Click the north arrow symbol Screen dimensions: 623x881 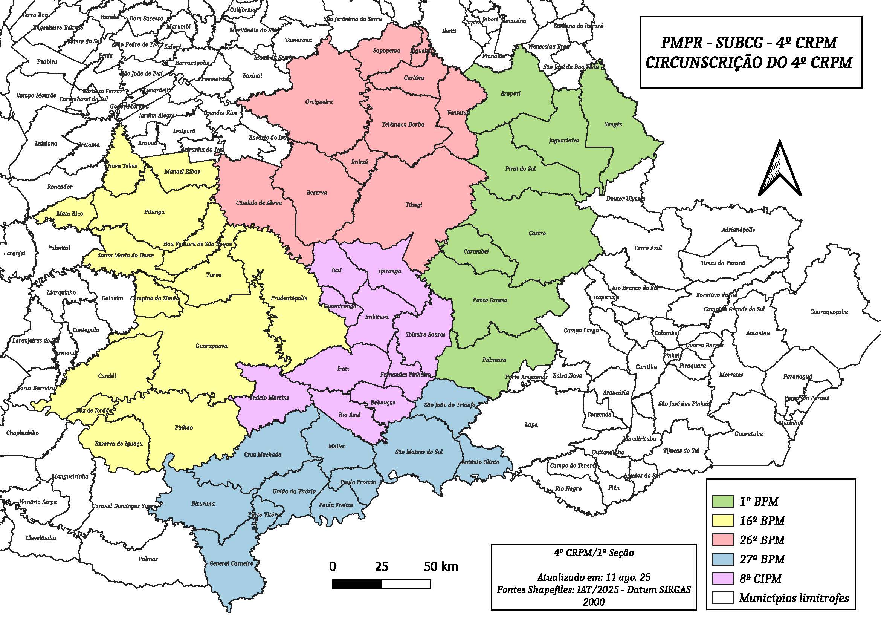coord(780,169)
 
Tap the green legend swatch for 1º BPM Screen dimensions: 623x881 coord(722,501)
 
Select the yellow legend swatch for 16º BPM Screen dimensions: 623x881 coord(722,520)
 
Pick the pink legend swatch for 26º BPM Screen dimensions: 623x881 coord(722,540)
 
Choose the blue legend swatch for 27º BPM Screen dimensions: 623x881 coord(722,559)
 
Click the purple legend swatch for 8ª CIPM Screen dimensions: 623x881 coord(722,578)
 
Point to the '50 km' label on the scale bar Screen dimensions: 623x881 coord(441,566)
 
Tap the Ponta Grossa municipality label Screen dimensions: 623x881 coord(490,300)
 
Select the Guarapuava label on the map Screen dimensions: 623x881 coord(211,346)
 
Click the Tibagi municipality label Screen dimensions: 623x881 coord(414,205)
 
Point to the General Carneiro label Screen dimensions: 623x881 coord(231,563)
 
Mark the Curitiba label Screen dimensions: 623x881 coord(646,367)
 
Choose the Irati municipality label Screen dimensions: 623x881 coord(343,369)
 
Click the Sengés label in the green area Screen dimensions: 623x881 coord(613,124)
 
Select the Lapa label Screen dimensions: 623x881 coord(531,424)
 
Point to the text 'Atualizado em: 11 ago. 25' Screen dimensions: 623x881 coord(593,577)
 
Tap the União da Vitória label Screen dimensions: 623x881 coord(294,491)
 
